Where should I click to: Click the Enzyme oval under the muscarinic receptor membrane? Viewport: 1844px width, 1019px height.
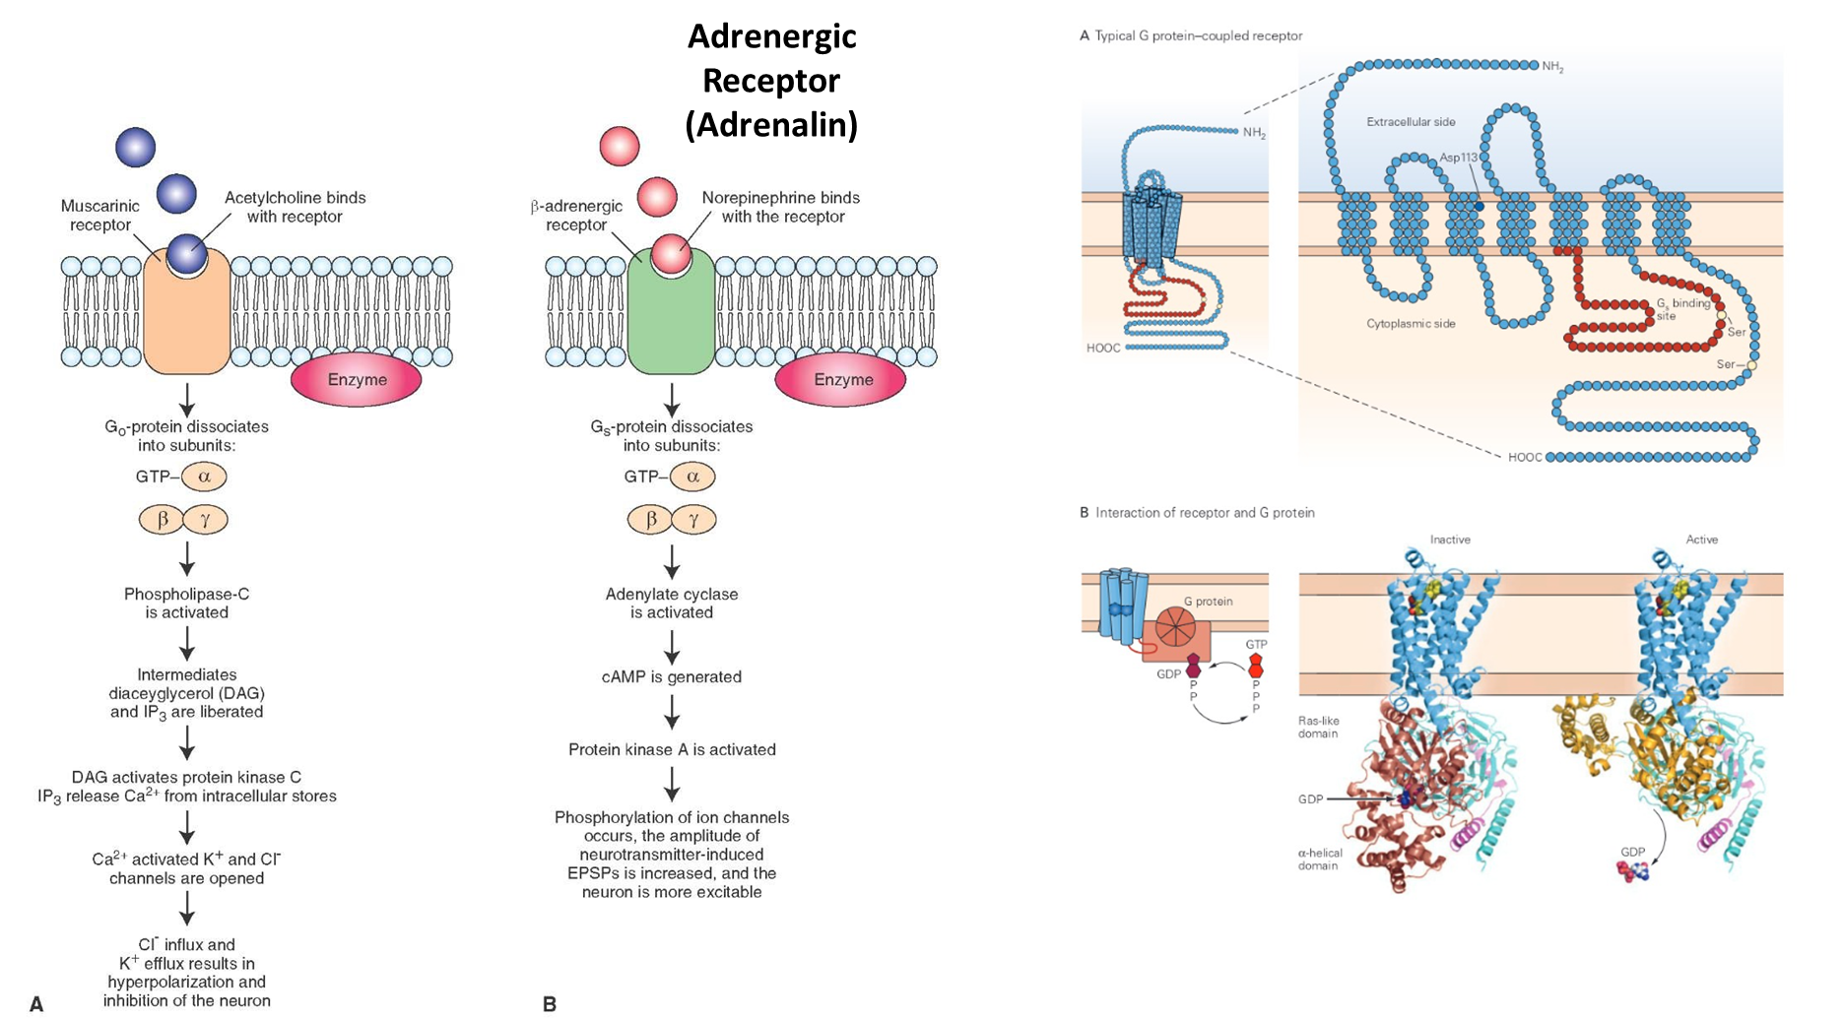click(x=356, y=380)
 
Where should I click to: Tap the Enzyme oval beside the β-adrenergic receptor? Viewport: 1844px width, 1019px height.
click(x=842, y=380)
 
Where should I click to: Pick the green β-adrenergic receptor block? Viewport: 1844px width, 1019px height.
click(x=671, y=320)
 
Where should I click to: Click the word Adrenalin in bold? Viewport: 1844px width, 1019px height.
click(x=771, y=126)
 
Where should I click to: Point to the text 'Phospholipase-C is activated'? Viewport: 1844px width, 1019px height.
click(x=187, y=604)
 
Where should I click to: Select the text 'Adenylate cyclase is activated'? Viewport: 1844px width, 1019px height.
click(x=672, y=604)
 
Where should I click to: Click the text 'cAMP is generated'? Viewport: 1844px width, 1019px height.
click(x=672, y=677)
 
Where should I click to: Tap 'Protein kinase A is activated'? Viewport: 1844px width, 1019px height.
click(x=672, y=750)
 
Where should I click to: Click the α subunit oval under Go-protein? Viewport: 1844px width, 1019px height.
click(x=205, y=477)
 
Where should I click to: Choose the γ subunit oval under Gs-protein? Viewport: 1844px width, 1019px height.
click(x=693, y=520)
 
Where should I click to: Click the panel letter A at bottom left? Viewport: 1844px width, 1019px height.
click(x=36, y=1004)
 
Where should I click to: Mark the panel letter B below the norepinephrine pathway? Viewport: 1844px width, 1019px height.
click(x=550, y=1004)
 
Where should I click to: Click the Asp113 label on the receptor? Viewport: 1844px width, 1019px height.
click(x=1458, y=158)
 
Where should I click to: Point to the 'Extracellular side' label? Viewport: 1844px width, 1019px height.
click(x=1411, y=122)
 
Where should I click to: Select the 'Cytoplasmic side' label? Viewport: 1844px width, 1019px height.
click(x=1411, y=324)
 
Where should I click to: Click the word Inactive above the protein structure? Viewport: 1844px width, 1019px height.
click(x=1450, y=540)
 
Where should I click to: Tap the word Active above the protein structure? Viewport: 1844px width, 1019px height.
click(x=1701, y=540)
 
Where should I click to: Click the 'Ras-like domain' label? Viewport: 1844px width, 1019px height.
click(x=1318, y=727)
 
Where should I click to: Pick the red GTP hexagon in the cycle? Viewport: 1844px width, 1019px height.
click(x=1256, y=667)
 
